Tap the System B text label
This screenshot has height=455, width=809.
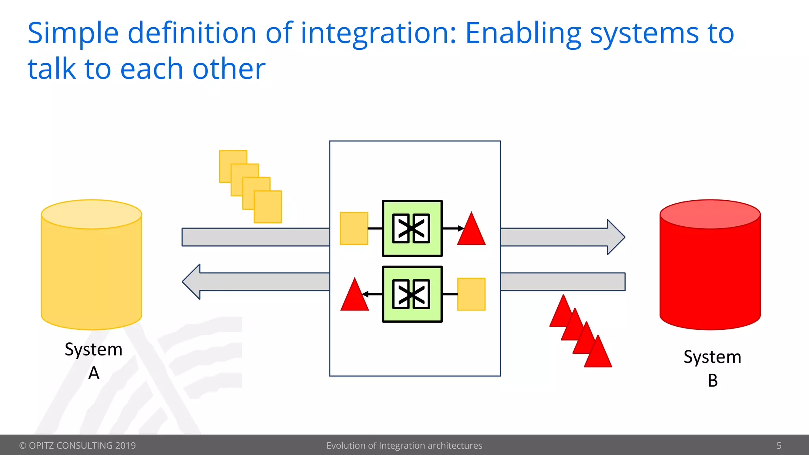[x=712, y=369]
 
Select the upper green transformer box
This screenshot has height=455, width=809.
[x=412, y=228]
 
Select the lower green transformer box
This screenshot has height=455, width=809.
[x=412, y=294]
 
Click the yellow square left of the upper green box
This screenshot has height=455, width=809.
[x=354, y=228]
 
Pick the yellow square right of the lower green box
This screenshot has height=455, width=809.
[x=471, y=294]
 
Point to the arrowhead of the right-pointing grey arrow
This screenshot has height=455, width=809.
[x=615, y=237]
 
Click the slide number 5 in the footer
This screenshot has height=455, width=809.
[x=779, y=446]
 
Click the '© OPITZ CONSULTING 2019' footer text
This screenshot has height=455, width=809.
[x=77, y=446]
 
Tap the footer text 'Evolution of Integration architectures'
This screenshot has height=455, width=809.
[x=404, y=446]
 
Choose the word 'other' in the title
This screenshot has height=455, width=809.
[x=229, y=69]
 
